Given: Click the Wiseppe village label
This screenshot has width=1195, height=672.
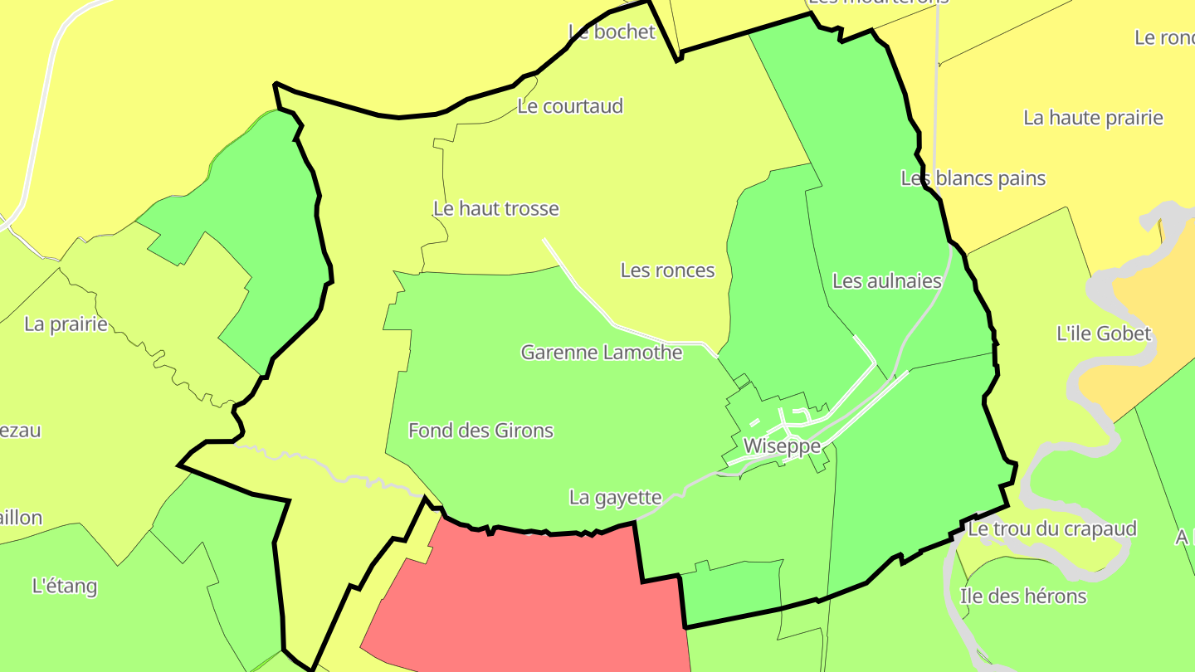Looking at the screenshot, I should point(782,446).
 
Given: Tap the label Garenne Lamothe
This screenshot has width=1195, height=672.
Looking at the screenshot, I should point(602,353).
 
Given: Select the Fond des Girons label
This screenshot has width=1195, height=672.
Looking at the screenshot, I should point(480,431).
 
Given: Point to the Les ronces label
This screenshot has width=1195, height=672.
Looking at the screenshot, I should point(667,270).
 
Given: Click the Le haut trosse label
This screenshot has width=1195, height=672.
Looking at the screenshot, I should point(496,209).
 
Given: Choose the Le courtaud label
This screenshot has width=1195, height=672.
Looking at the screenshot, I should point(569,106).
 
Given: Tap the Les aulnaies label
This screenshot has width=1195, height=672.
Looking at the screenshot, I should point(886,281).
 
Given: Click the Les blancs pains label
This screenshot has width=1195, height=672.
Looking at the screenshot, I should point(973,178).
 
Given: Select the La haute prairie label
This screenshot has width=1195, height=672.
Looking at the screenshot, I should point(1093,118).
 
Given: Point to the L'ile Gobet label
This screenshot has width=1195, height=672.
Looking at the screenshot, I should point(1104,334).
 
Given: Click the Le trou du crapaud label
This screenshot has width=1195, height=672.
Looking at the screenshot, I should point(1051,529).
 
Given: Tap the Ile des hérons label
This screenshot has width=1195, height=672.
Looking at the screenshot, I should point(1022,597).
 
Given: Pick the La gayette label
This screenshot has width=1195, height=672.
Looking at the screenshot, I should point(615,498).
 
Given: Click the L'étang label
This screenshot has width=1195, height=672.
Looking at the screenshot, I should point(64,587).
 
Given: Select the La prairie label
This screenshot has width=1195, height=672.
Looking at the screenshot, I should point(66,324).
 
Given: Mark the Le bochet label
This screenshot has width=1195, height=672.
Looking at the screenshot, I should point(612,32).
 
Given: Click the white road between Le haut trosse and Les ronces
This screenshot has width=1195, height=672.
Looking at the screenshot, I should point(581,287).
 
